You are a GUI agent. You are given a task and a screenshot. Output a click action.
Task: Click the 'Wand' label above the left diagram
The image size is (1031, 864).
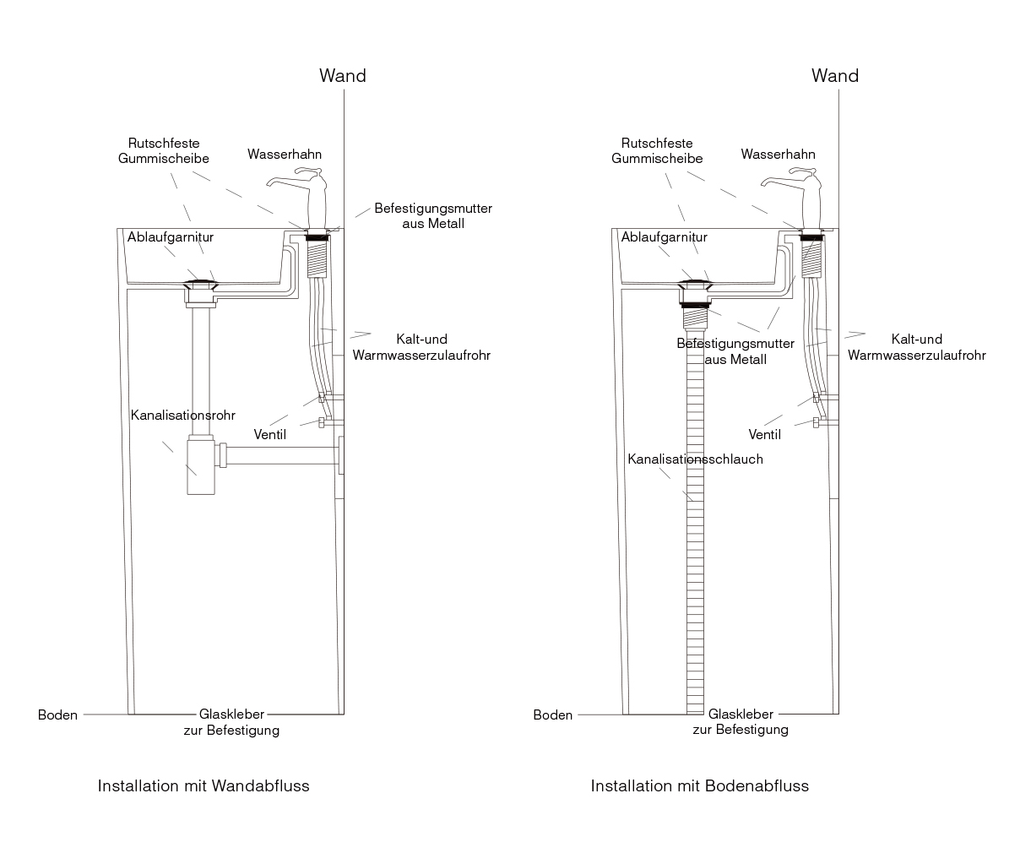point(342,76)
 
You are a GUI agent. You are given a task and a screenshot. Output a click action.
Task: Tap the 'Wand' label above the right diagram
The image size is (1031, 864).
point(834,76)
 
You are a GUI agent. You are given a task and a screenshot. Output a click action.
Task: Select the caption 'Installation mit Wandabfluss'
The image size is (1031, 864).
point(203,786)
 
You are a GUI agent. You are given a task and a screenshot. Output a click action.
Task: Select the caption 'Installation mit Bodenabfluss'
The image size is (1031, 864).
point(699,786)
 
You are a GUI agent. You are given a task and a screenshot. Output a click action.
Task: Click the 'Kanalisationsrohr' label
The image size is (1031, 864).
point(182,416)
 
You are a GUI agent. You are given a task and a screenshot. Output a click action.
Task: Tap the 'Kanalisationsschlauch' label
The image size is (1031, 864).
point(695,459)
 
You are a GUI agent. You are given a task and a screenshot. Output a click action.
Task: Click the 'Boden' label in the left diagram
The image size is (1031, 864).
point(57,715)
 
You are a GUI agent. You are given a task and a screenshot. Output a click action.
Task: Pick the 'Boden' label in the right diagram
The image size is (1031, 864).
point(552,715)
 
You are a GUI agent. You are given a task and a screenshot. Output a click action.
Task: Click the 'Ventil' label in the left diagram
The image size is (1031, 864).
point(270,435)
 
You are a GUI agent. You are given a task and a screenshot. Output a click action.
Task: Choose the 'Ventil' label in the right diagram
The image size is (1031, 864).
point(764,435)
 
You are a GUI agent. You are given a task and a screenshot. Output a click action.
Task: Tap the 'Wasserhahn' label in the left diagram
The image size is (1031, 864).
point(285,155)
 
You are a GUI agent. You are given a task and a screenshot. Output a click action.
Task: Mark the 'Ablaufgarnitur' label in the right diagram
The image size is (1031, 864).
point(664,237)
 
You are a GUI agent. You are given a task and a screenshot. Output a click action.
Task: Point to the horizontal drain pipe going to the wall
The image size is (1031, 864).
point(283,455)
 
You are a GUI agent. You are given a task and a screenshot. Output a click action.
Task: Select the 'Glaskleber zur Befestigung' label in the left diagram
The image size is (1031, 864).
point(231,722)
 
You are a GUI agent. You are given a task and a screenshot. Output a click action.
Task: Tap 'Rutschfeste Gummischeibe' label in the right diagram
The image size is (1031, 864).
point(657,151)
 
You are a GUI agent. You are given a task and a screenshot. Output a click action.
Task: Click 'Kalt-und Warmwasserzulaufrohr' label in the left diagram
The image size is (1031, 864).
point(421,347)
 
